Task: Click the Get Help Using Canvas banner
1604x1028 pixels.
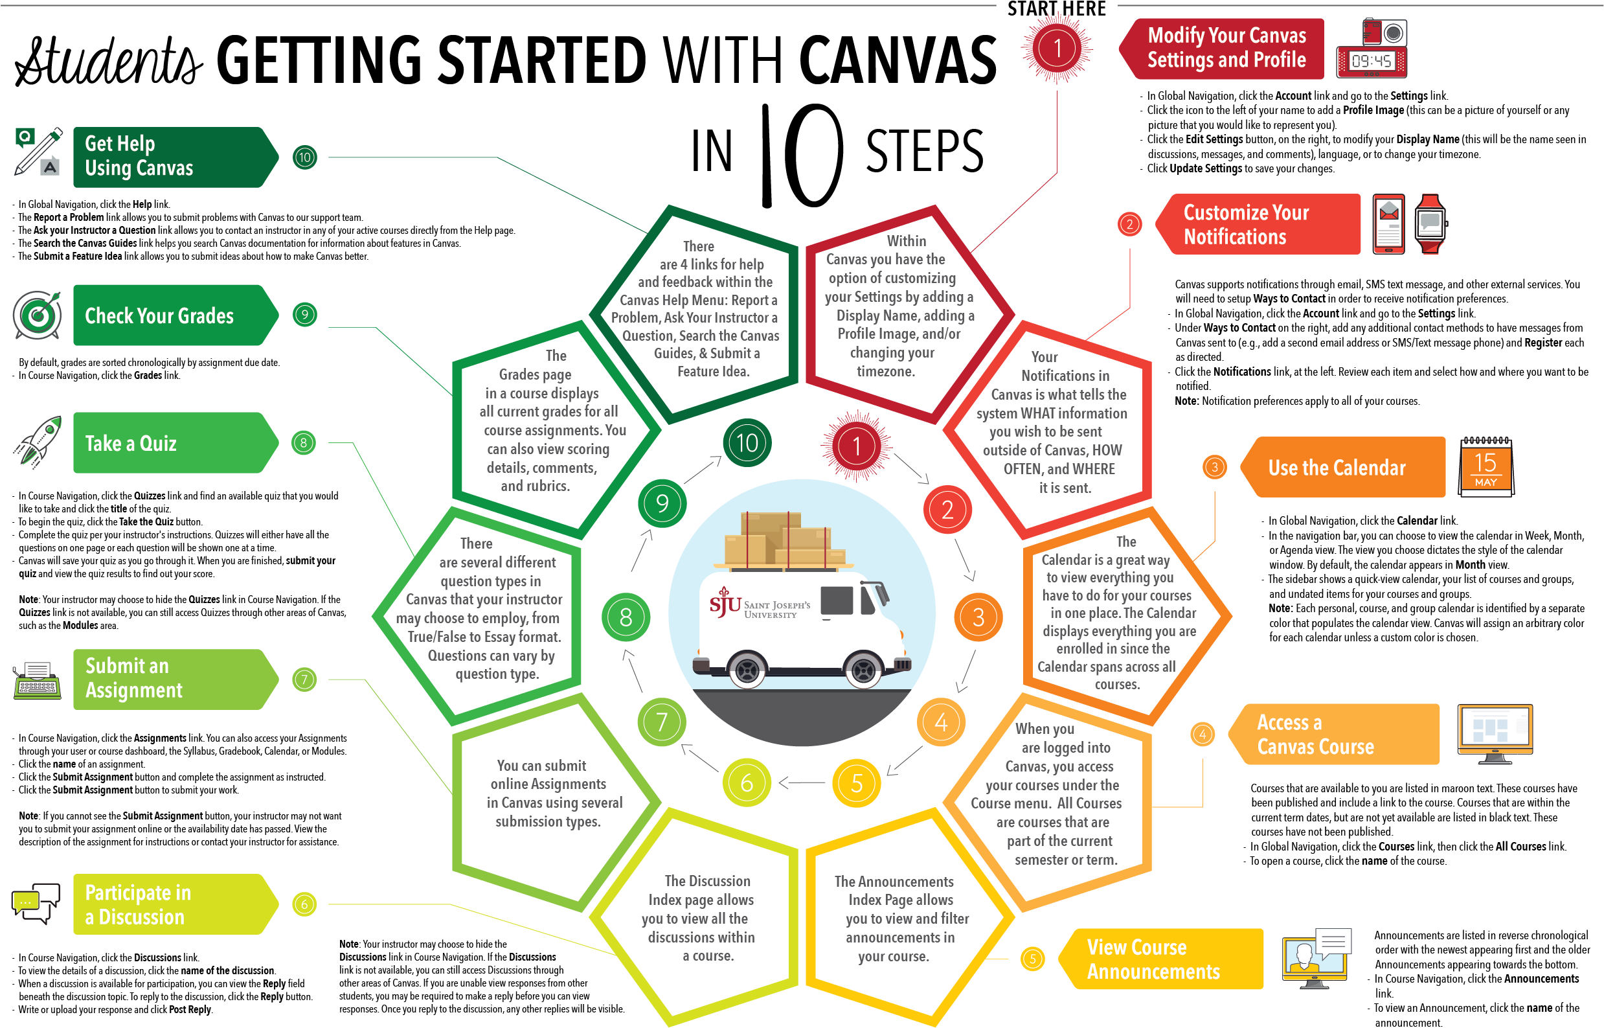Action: (170, 157)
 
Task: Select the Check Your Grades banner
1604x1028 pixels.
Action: (170, 315)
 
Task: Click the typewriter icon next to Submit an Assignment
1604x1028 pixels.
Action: (38, 680)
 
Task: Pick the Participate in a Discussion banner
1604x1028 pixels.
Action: (170, 904)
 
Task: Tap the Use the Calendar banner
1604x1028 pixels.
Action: (1341, 467)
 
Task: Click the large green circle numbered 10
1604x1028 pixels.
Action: (747, 442)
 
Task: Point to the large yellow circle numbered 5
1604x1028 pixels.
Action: (856, 783)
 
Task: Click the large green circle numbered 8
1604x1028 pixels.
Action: (625, 617)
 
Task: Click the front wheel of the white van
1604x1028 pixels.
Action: (863, 670)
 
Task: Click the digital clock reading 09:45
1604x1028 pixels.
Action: (1371, 62)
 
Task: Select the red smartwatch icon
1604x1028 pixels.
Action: (1430, 223)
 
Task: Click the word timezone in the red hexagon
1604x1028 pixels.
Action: (885, 371)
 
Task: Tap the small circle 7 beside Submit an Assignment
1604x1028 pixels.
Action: (304, 680)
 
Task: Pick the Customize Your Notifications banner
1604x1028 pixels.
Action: (1258, 224)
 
